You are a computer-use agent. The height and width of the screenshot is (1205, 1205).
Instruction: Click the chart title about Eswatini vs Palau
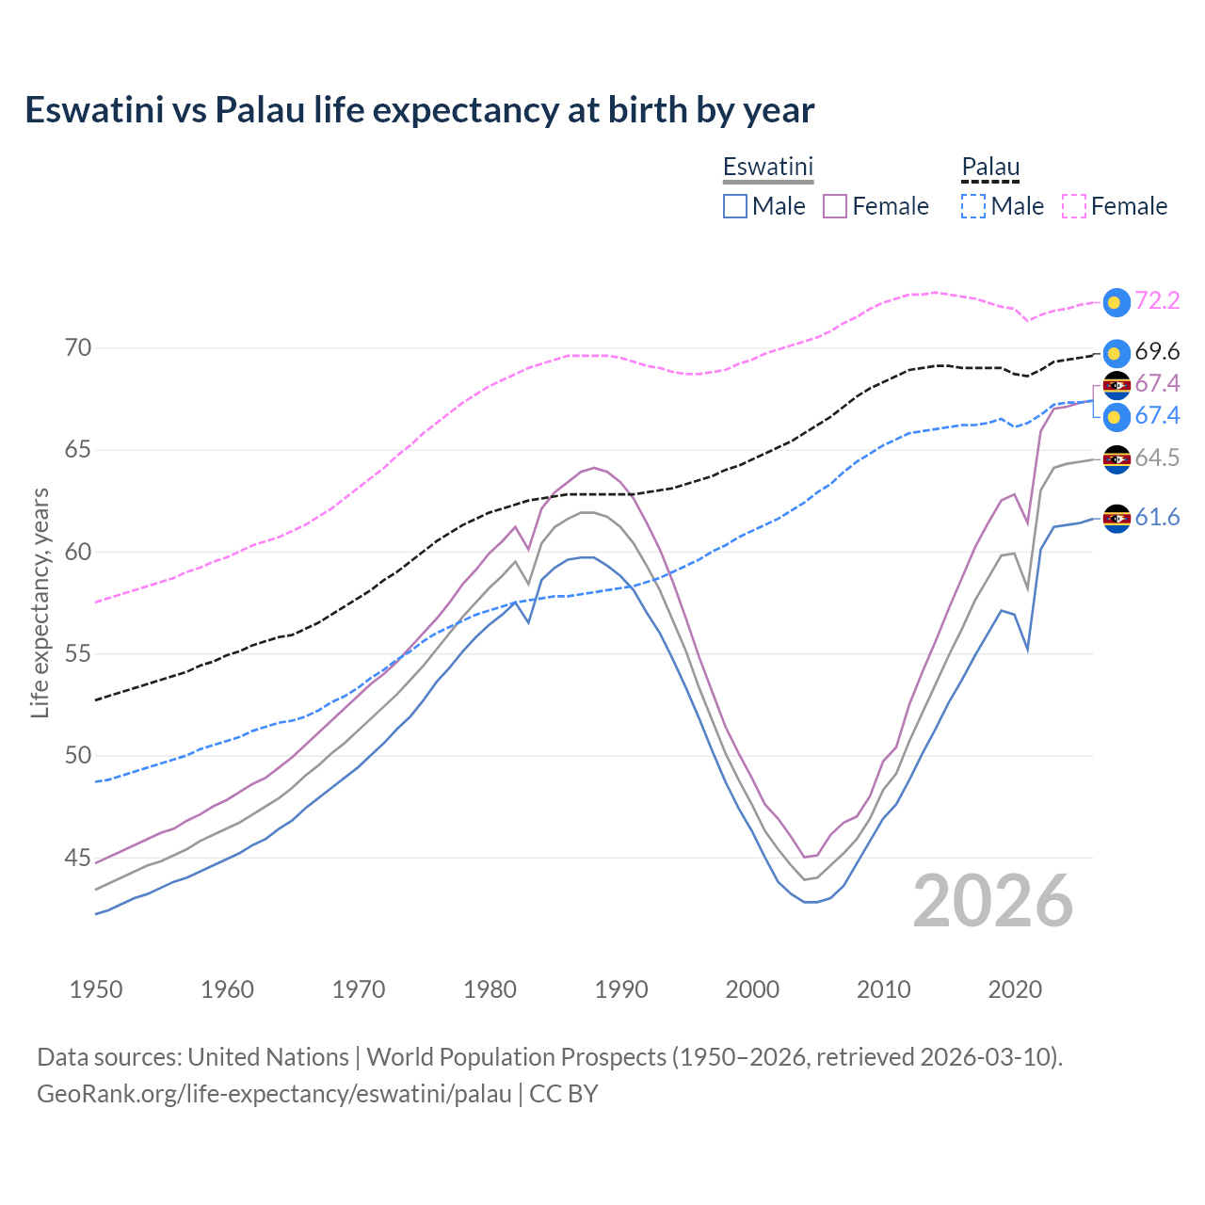pos(419,110)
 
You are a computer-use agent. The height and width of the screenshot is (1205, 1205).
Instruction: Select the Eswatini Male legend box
pos(735,206)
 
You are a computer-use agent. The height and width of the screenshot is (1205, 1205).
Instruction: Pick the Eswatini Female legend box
pos(835,206)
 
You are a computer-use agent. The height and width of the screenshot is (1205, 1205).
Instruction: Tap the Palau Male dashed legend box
pos(973,206)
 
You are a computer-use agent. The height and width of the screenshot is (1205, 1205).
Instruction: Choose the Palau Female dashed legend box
pos(1074,206)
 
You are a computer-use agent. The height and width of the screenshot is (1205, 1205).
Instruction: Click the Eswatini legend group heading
pos(767,167)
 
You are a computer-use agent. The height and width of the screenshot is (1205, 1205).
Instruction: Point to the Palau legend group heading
pos(990,167)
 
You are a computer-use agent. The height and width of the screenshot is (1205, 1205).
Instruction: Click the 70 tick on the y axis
pos(78,348)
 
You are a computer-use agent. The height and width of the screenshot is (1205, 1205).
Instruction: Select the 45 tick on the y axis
pos(78,858)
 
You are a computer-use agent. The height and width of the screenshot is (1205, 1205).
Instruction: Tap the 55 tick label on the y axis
pos(78,653)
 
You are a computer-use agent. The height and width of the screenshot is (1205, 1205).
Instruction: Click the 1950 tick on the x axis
pos(96,989)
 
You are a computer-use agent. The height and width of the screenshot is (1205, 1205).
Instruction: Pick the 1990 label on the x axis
pos(621,989)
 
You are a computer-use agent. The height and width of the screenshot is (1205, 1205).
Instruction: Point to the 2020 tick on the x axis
pos(1015,989)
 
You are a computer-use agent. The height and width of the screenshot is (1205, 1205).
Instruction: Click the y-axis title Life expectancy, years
pos(40,602)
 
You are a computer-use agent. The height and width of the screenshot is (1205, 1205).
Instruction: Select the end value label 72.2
pos(1157,300)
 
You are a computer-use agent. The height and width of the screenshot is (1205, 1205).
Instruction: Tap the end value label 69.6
pos(1157,352)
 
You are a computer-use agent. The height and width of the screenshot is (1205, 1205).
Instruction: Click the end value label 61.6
pos(1157,518)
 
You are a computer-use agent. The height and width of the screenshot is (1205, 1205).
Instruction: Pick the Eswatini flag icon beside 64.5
pos(1117,459)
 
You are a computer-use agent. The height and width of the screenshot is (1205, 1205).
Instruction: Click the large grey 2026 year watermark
pos(993,901)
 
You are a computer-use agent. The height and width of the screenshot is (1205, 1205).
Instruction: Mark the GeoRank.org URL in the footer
pos(274,1094)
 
